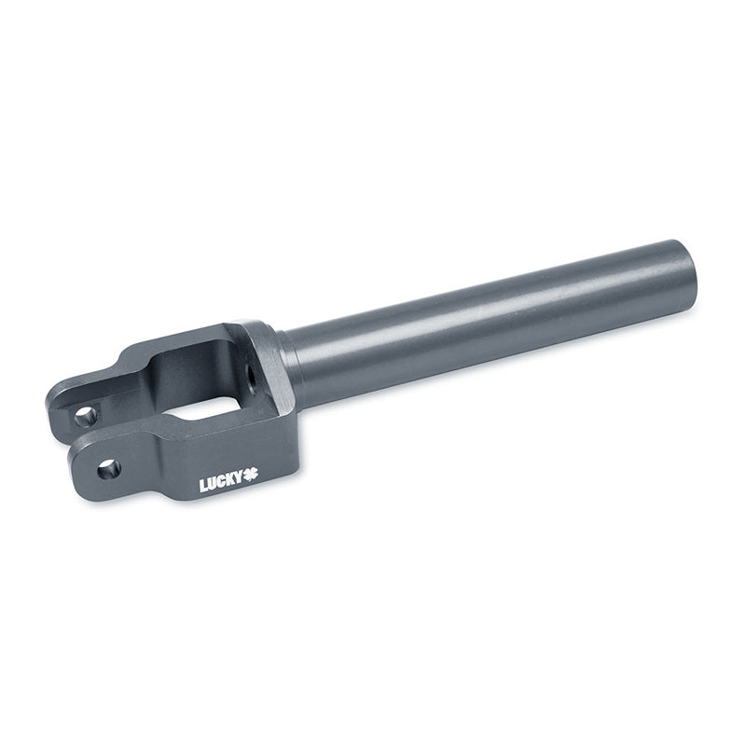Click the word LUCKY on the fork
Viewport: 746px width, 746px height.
pos(221,481)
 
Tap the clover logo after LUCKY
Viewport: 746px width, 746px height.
pos(251,474)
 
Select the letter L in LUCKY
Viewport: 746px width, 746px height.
pos(203,486)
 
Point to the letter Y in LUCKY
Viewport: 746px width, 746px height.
pos(239,477)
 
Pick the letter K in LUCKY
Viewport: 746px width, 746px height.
pos(229,479)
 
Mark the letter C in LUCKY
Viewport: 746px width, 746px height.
pos(221,481)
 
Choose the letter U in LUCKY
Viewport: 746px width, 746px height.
pos(213,483)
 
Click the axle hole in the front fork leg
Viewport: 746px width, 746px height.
pos(109,470)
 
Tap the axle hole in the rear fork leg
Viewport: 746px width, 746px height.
pos(86,417)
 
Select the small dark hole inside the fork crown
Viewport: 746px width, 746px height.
pos(249,372)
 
